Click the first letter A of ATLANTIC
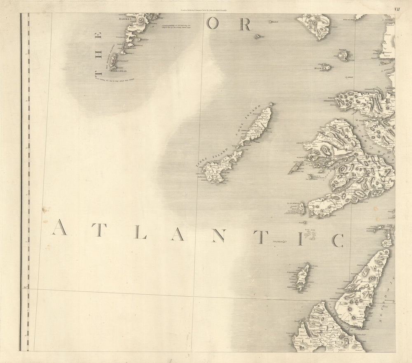59,227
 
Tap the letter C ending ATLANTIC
338,240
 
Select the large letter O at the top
212,25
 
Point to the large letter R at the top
245,25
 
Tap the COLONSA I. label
292,272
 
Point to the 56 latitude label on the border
25,287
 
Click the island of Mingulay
112,60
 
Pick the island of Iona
302,209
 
